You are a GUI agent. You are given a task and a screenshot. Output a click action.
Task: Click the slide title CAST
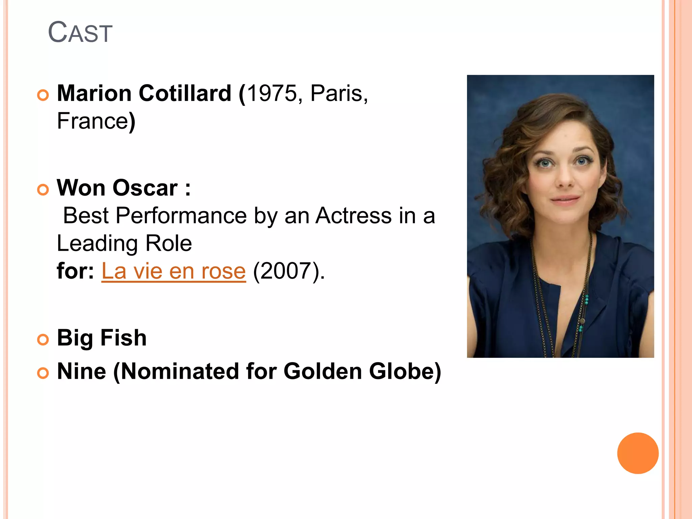80,32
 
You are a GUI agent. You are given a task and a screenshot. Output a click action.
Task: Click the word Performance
181,216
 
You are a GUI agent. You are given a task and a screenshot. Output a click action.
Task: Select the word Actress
353,216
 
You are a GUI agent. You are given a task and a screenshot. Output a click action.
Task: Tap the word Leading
97,243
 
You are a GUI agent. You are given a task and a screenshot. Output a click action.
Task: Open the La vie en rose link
174,271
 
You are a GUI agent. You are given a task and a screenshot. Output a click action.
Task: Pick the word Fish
123,338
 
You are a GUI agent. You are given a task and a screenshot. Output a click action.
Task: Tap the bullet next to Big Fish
43,339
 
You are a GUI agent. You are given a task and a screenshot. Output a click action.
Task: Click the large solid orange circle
638,453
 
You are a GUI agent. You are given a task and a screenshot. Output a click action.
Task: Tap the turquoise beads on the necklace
587,299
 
